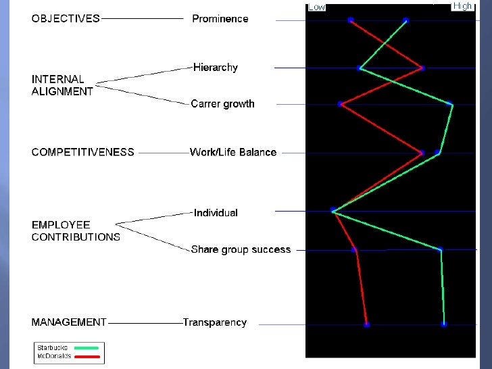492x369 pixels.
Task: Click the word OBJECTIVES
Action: (x=66, y=19)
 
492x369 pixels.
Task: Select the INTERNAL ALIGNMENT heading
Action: (x=62, y=85)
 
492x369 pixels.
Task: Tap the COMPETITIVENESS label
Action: (x=82, y=152)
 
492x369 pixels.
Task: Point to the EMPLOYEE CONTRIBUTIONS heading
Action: (x=76, y=230)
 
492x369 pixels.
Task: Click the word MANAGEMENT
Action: (x=69, y=322)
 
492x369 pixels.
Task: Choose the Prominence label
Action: (x=220, y=19)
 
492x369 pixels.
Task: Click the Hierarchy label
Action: (x=216, y=68)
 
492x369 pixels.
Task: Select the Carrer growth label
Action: (x=222, y=104)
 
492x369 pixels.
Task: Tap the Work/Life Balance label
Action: (x=233, y=152)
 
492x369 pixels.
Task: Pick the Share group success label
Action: (x=241, y=249)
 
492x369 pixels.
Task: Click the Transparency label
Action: (x=215, y=322)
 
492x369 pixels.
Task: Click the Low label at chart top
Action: (x=317, y=7)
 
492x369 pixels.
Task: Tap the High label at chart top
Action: (x=463, y=6)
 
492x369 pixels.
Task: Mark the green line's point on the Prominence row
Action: (x=406, y=20)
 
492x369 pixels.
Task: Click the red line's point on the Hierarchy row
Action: (x=422, y=68)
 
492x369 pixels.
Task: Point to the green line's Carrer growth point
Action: (x=451, y=104)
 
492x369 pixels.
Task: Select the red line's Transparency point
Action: (x=367, y=324)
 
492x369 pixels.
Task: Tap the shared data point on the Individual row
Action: (x=333, y=211)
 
